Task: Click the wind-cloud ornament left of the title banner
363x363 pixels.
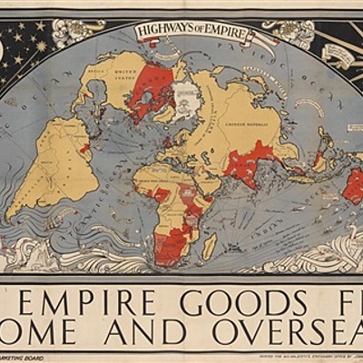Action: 68,34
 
